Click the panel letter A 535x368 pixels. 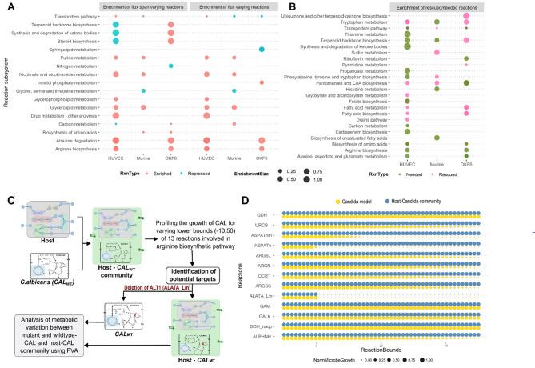6,6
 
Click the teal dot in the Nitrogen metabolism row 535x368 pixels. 171,66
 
